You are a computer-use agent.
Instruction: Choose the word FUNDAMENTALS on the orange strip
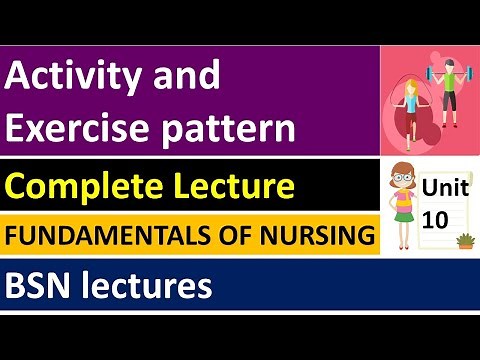click(x=112, y=237)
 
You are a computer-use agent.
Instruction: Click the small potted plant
click(x=463, y=240)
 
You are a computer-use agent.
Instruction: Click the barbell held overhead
click(x=447, y=72)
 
